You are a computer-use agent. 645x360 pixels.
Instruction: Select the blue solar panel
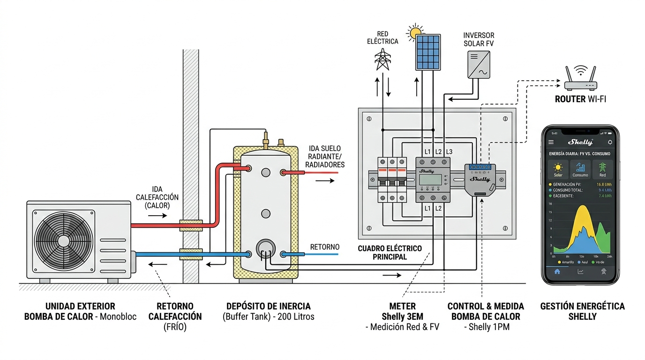click(427, 52)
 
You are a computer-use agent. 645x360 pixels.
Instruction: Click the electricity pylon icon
click(382, 59)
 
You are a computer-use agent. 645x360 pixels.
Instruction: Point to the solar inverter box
click(478, 64)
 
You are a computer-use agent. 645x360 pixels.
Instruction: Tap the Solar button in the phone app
click(558, 169)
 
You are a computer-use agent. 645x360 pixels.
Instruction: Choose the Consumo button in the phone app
click(580, 169)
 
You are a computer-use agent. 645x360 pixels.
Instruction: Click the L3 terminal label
click(449, 151)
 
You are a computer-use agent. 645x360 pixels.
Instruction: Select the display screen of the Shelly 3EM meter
click(430, 180)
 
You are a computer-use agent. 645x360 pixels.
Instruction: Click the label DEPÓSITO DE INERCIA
click(268, 306)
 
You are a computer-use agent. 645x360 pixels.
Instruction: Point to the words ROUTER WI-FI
click(580, 99)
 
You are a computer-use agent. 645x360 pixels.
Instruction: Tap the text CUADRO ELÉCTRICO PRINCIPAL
click(390, 252)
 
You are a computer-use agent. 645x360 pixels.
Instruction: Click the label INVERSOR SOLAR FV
click(479, 39)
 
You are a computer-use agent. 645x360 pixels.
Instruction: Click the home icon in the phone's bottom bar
click(557, 271)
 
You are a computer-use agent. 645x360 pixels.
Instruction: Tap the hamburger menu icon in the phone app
click(551, 142)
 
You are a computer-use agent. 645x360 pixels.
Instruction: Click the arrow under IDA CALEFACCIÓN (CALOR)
click(157, 216)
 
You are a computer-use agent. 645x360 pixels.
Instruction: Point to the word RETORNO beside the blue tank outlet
click(325, 247)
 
